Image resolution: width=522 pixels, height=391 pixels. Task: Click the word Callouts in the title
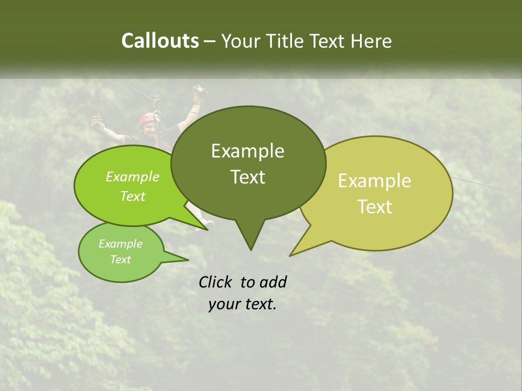point(160,41)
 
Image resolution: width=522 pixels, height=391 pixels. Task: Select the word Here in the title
point(371,41)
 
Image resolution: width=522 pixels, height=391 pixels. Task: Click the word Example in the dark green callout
point(247,151)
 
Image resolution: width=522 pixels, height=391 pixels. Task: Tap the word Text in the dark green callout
point(247,177)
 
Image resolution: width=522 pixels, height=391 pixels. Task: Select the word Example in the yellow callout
point(375,181)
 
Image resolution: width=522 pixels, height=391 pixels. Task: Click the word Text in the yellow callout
point(375,207)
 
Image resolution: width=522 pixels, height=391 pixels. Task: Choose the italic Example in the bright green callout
point(133,176)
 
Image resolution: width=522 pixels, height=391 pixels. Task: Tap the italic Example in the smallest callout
point(120,244)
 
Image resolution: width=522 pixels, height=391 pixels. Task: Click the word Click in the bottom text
point(216,282)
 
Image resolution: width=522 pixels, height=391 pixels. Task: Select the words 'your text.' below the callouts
point(243,305)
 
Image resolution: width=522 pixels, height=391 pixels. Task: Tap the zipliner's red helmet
point(147,118)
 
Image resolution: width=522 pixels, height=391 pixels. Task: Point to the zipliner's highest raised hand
point(198,91)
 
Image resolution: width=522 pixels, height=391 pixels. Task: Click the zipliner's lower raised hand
point(98,122)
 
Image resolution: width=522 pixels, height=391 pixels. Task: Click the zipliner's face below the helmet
point(148,129)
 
